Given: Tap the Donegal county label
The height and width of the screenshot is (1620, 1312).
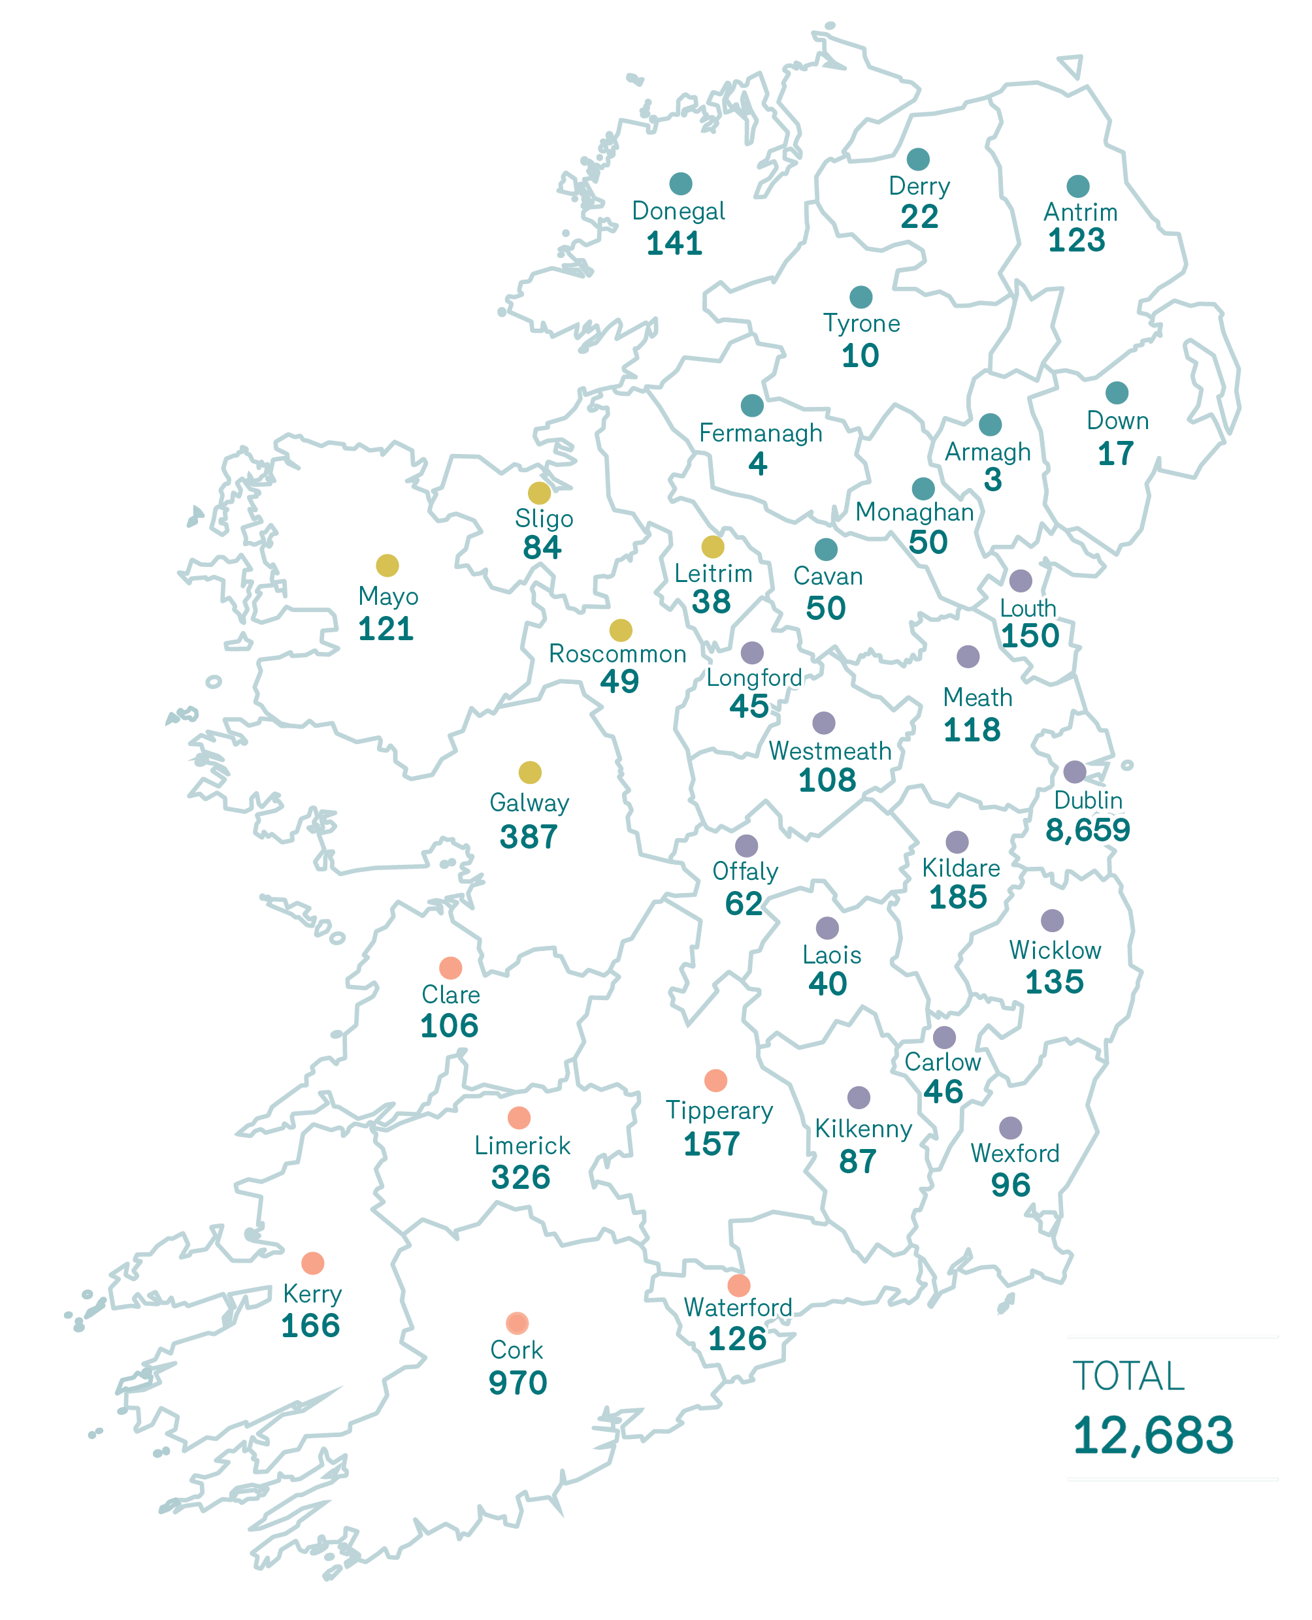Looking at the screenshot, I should (678, 211).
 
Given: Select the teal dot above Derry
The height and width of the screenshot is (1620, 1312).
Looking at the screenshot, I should (917, 159).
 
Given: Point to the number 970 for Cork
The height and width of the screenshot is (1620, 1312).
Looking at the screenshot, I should (517, 1383).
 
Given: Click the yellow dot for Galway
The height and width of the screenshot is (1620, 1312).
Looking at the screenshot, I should (530, 772).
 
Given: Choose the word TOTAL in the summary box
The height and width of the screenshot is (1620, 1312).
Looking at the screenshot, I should (1128, 1376).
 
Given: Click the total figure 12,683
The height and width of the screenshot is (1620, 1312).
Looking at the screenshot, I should (1153, 1435).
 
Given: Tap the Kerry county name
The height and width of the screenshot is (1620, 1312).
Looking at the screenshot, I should (312, 1294).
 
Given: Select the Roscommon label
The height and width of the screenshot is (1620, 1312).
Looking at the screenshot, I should (617, 654).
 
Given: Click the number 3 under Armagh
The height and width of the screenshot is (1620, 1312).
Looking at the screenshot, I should (992, 480).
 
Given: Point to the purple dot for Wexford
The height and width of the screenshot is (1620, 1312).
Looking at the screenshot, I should (1010, 1127).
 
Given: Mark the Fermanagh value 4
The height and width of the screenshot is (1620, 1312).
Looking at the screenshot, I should (757, 463).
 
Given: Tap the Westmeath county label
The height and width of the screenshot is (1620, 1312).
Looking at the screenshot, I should (830, 751).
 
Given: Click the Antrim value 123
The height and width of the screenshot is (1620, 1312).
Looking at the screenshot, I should (1076, 240).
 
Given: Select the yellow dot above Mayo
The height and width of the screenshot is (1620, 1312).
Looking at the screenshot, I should (387, 565).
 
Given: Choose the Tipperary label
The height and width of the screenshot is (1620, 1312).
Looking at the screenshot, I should (719, 1110).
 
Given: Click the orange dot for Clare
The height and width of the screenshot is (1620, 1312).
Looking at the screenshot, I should (450, 967).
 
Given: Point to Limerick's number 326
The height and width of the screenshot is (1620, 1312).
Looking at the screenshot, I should (521, 1177).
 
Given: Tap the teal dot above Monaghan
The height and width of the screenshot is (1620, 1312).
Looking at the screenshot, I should (923, 488).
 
